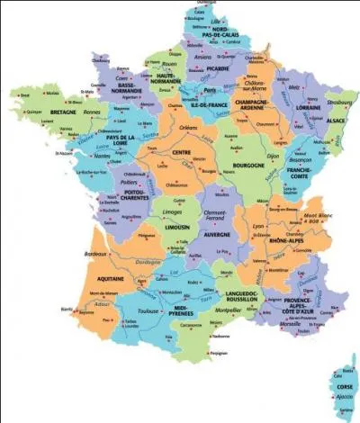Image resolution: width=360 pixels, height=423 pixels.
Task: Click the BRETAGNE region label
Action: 63,112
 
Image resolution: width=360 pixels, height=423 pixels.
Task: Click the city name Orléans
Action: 188,128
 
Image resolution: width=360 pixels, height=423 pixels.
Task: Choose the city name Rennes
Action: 91,112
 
